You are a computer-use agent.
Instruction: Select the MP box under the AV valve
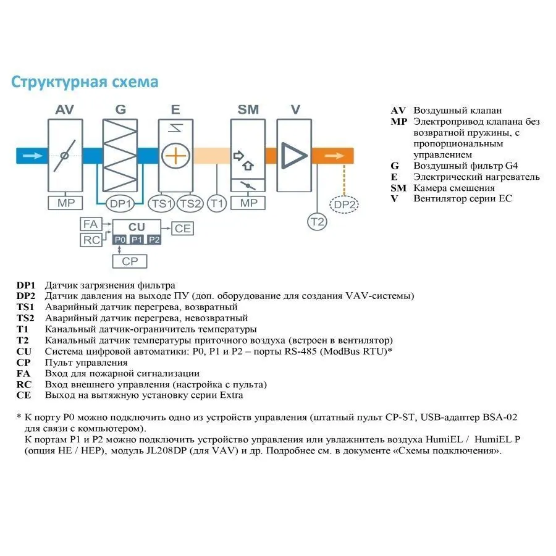click(65, 203)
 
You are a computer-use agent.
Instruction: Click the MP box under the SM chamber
click(248, 203)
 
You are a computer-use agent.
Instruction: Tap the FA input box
click(91, 224)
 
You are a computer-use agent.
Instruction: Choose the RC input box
click(91, 240)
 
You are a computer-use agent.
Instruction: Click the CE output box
click(183, 228)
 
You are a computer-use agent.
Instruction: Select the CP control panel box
click(130, 261)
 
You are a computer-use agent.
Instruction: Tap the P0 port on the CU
click(120, 240)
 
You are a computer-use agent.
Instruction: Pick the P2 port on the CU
click(154, 240)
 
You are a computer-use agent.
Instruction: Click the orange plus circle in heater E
click(175, 155)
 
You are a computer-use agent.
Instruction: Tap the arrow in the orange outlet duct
click(333, 155)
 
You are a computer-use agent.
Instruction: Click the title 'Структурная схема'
click(85, 82)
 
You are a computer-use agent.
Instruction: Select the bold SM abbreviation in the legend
click(398, 188)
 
